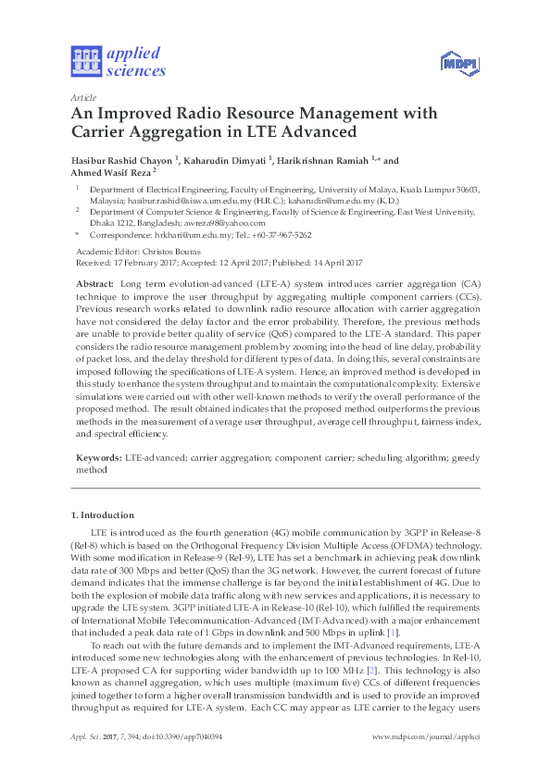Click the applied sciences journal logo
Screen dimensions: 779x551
point(119,61)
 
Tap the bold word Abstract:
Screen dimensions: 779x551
point(94,283)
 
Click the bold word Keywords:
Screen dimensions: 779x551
point(97,458)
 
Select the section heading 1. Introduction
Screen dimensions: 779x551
point(105,514)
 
